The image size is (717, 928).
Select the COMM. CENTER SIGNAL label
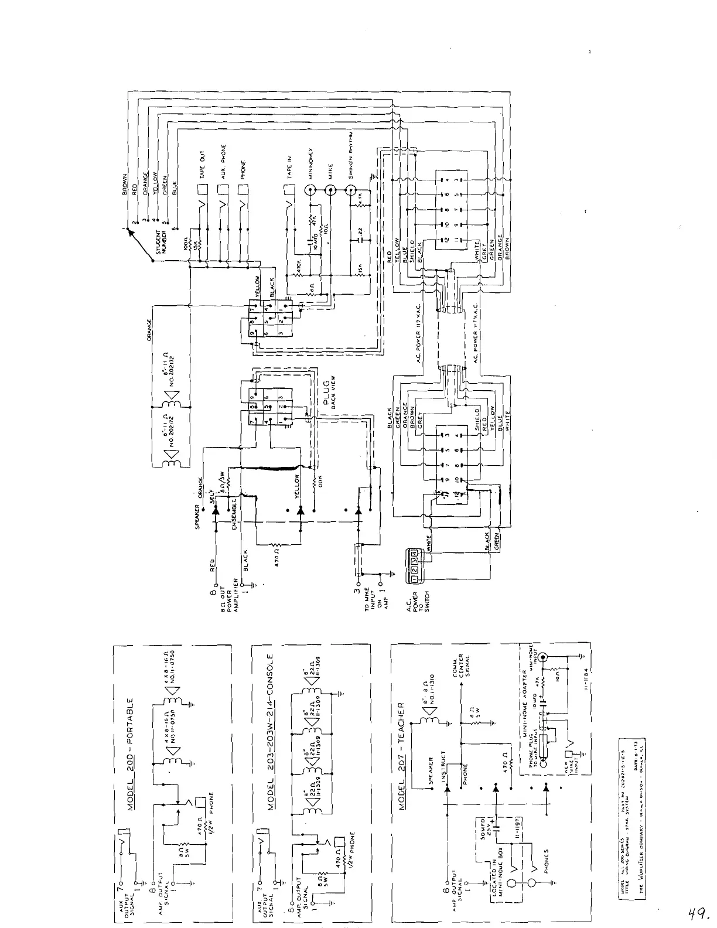tap(460, 670)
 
